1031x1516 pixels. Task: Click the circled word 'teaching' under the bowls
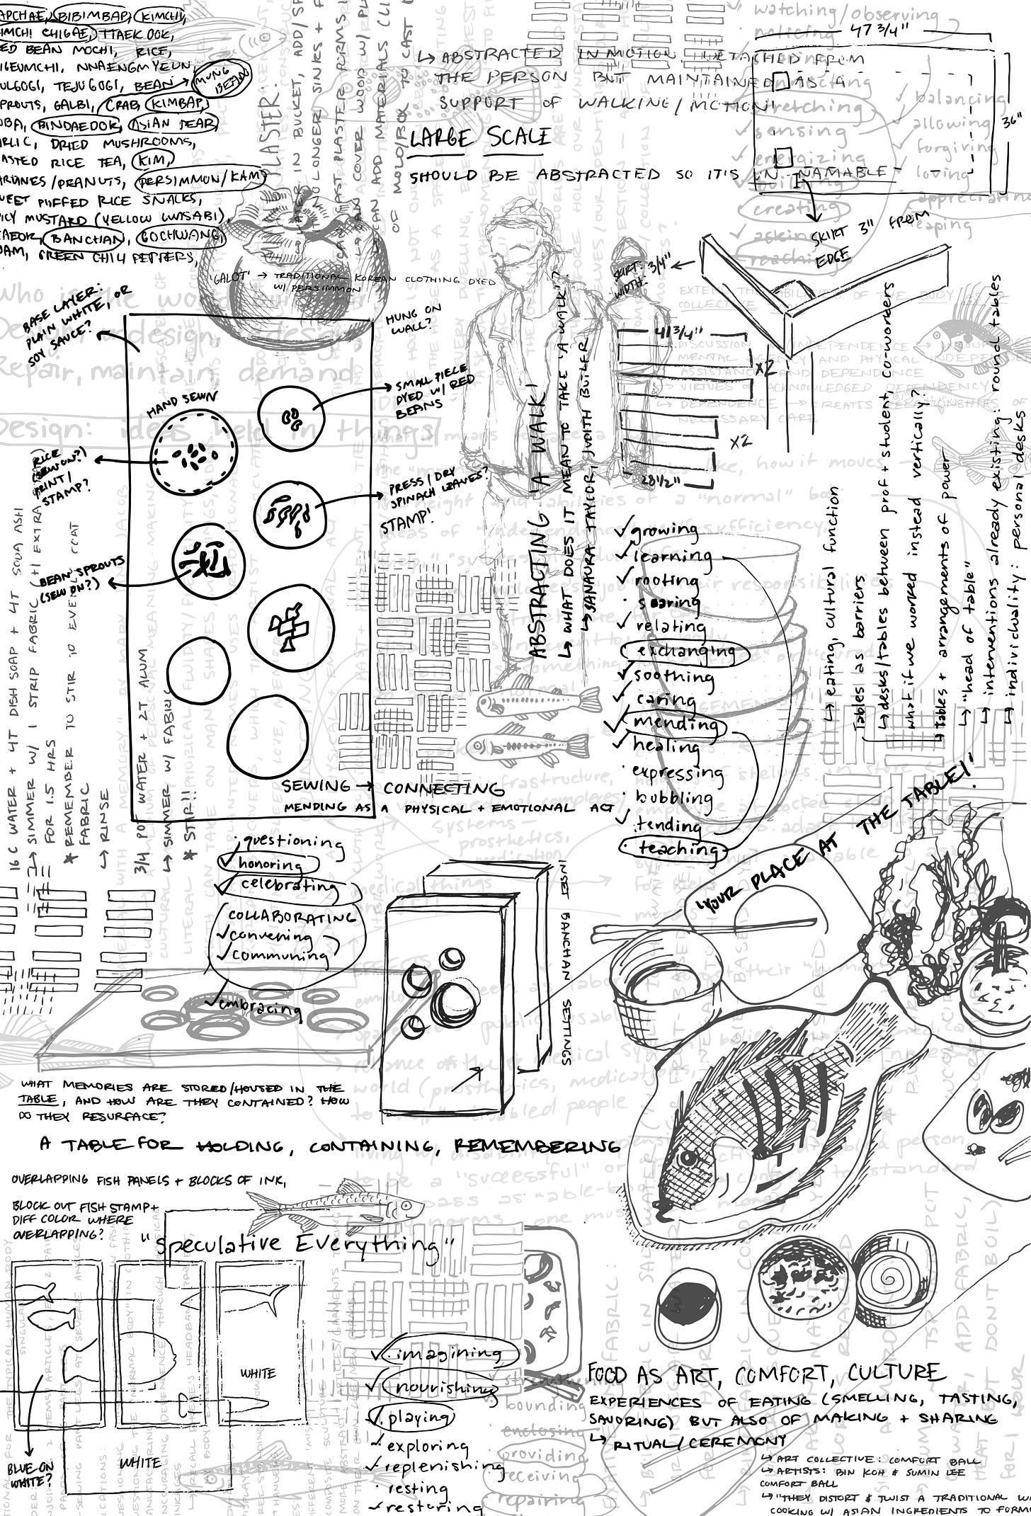(673, 848)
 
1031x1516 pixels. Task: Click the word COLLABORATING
(290, 915)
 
